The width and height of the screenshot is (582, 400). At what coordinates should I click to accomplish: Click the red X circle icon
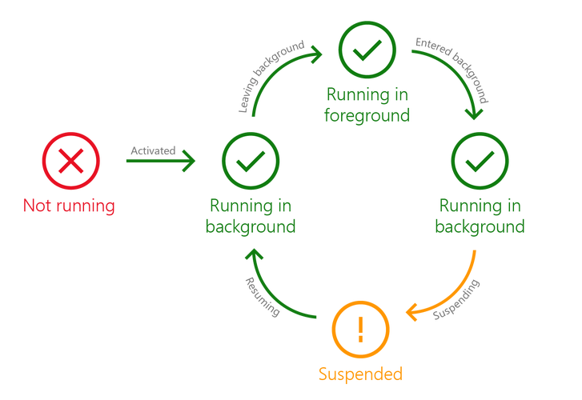pos(71,161)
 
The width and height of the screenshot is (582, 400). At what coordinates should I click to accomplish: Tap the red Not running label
pos(69,206)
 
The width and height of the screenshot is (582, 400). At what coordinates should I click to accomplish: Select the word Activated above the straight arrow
pos(153,150)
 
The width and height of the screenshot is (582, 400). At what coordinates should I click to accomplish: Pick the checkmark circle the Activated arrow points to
pos(251,161)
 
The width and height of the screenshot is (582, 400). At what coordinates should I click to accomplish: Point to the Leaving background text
pos(271,76)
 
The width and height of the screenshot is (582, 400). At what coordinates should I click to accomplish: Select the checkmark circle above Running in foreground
pos(367,50)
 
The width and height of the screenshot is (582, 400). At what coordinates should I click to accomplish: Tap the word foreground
pos(367,115)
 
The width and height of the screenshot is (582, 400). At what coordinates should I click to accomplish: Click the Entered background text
pos(452,70)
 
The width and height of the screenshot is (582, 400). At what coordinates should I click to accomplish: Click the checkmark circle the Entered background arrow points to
pos(480,161)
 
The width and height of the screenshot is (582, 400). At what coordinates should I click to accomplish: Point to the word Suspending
pos(456,299)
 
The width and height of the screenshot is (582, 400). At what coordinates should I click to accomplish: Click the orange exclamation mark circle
pos(360,330)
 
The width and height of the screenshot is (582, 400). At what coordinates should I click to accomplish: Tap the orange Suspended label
pos(360,374)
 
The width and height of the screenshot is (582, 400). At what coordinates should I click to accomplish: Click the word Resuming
pos(262,298)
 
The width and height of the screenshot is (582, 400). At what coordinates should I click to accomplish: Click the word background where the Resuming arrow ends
pos(251,226)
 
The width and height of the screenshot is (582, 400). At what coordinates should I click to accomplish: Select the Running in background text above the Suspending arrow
pos(480,216)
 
